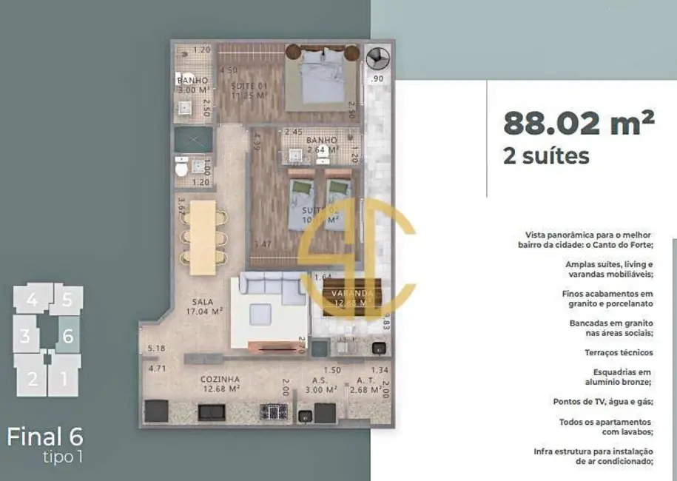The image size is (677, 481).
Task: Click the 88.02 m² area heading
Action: pos(578,123)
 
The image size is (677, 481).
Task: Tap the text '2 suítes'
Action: pos(546,156)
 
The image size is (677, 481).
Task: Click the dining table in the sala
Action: pos(202,232)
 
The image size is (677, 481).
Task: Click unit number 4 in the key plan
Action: pos(31,300)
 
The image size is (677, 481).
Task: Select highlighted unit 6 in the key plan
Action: pos(67,335)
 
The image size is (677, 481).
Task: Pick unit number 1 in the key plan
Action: pos(64,379)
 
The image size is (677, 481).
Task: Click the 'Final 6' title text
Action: pos(45,436)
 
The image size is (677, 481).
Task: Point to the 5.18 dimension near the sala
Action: pos(155,349)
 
